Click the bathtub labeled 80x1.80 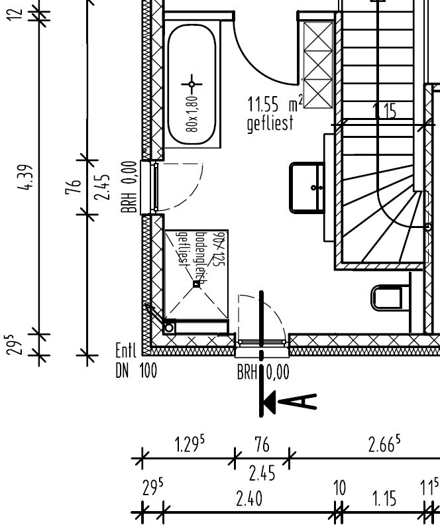[x=192, y=84]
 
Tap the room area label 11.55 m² [x=274, y=104]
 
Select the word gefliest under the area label [x=269, y=124]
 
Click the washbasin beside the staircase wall [x=307, y=188]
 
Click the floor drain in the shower [x=196, y=284]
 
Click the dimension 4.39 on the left [x=28, y=178]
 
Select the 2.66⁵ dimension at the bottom [x=384, y=444]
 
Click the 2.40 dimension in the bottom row [x=249, y=498]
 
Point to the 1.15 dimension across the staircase [x=385, y=111]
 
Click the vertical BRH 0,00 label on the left [x=131, y=187]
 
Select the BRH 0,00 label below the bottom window [x=263, y=373]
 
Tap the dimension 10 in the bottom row [x=339, y=489]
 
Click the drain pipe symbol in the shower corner [x=170, y=327]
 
